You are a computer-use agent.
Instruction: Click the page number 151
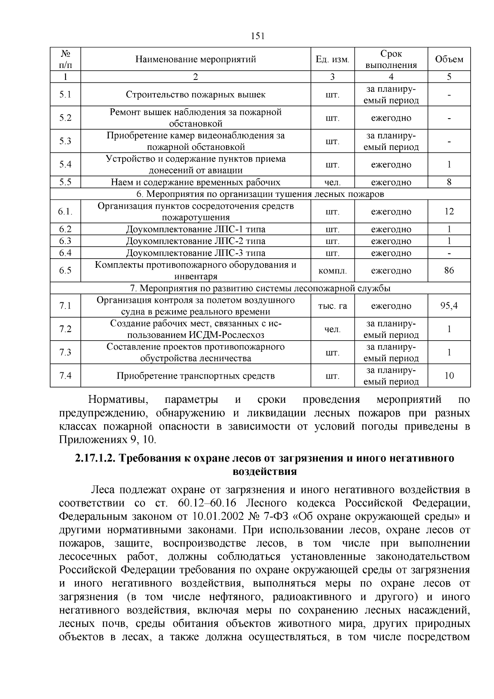(x=257, y=36)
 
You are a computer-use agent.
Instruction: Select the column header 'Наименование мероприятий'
(x=196, y=59)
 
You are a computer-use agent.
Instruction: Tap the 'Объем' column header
(x=449, y=59)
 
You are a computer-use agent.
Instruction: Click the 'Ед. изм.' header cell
(x=332, y=59)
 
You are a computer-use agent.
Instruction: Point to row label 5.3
(x=65, y=141)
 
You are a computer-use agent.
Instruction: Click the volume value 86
(x=449, y=271)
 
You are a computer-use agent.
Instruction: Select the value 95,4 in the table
(x=449, y=306)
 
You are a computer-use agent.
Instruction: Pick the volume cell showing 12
(x=449, y=212)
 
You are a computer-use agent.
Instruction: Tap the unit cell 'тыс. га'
(x=332, y=306)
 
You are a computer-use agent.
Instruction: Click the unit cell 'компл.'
(x=332, y=271)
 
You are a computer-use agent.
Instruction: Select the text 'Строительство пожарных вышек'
(x=196, y=95)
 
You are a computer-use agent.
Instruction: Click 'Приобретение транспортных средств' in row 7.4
(x=196, y=376)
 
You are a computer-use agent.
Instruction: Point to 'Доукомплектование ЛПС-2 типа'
(x=196, y=241)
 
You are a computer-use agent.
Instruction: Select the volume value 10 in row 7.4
(x=449, y=376)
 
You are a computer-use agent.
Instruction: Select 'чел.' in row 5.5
(x=332, y=182)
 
